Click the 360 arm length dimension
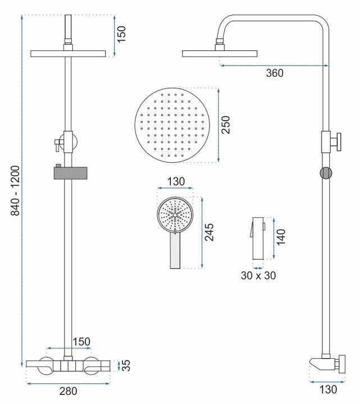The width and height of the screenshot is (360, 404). click(275, 73)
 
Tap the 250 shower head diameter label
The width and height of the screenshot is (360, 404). click(226, 124)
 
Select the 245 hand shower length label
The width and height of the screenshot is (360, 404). click(209, 231)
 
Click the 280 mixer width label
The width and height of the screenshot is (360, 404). click(69, 391)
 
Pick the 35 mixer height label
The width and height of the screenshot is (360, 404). click(127, 366)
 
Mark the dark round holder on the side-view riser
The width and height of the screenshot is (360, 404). click(325, 172)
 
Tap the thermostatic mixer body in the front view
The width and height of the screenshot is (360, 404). click(67, 366)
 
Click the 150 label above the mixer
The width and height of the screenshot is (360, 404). click(81, 342)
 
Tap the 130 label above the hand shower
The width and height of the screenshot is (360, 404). click(175, 182)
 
